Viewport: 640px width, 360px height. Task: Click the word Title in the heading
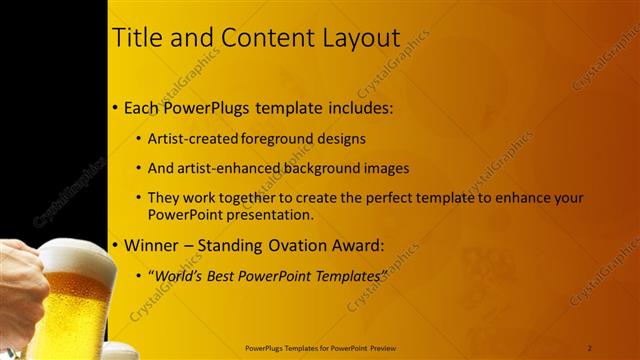tap(136, 38)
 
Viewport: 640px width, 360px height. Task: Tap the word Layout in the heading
tap(356, 38)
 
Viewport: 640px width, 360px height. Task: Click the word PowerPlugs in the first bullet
tap(209, 107)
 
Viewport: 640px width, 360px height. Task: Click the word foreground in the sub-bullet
tap(283, 139)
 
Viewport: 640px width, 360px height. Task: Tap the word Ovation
tap(308, 244)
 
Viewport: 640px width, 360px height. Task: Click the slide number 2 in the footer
tap(590, 347)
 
